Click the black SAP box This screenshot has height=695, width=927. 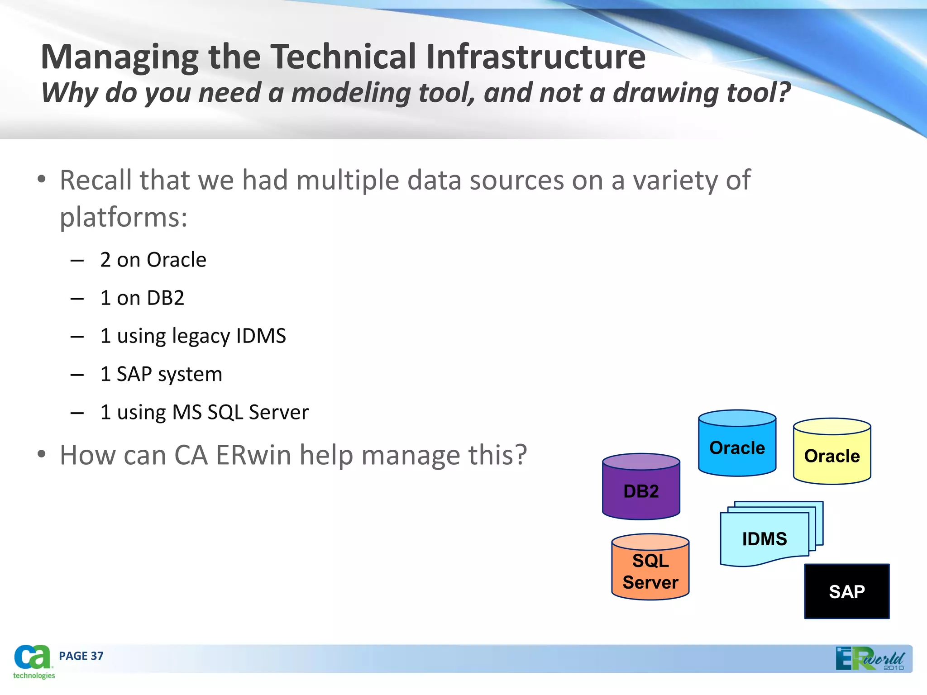(846, 591)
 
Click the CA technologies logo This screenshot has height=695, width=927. (33, 662)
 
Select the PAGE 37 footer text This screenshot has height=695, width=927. (81, 656)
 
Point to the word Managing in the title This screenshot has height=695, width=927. (119, 57)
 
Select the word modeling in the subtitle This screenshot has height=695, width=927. (350, 93)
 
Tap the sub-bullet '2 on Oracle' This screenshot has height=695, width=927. (153, 260)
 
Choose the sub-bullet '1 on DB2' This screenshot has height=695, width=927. (142, 298)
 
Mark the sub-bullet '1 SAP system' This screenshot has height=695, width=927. (161, 374)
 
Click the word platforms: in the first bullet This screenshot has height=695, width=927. (124, 218)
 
